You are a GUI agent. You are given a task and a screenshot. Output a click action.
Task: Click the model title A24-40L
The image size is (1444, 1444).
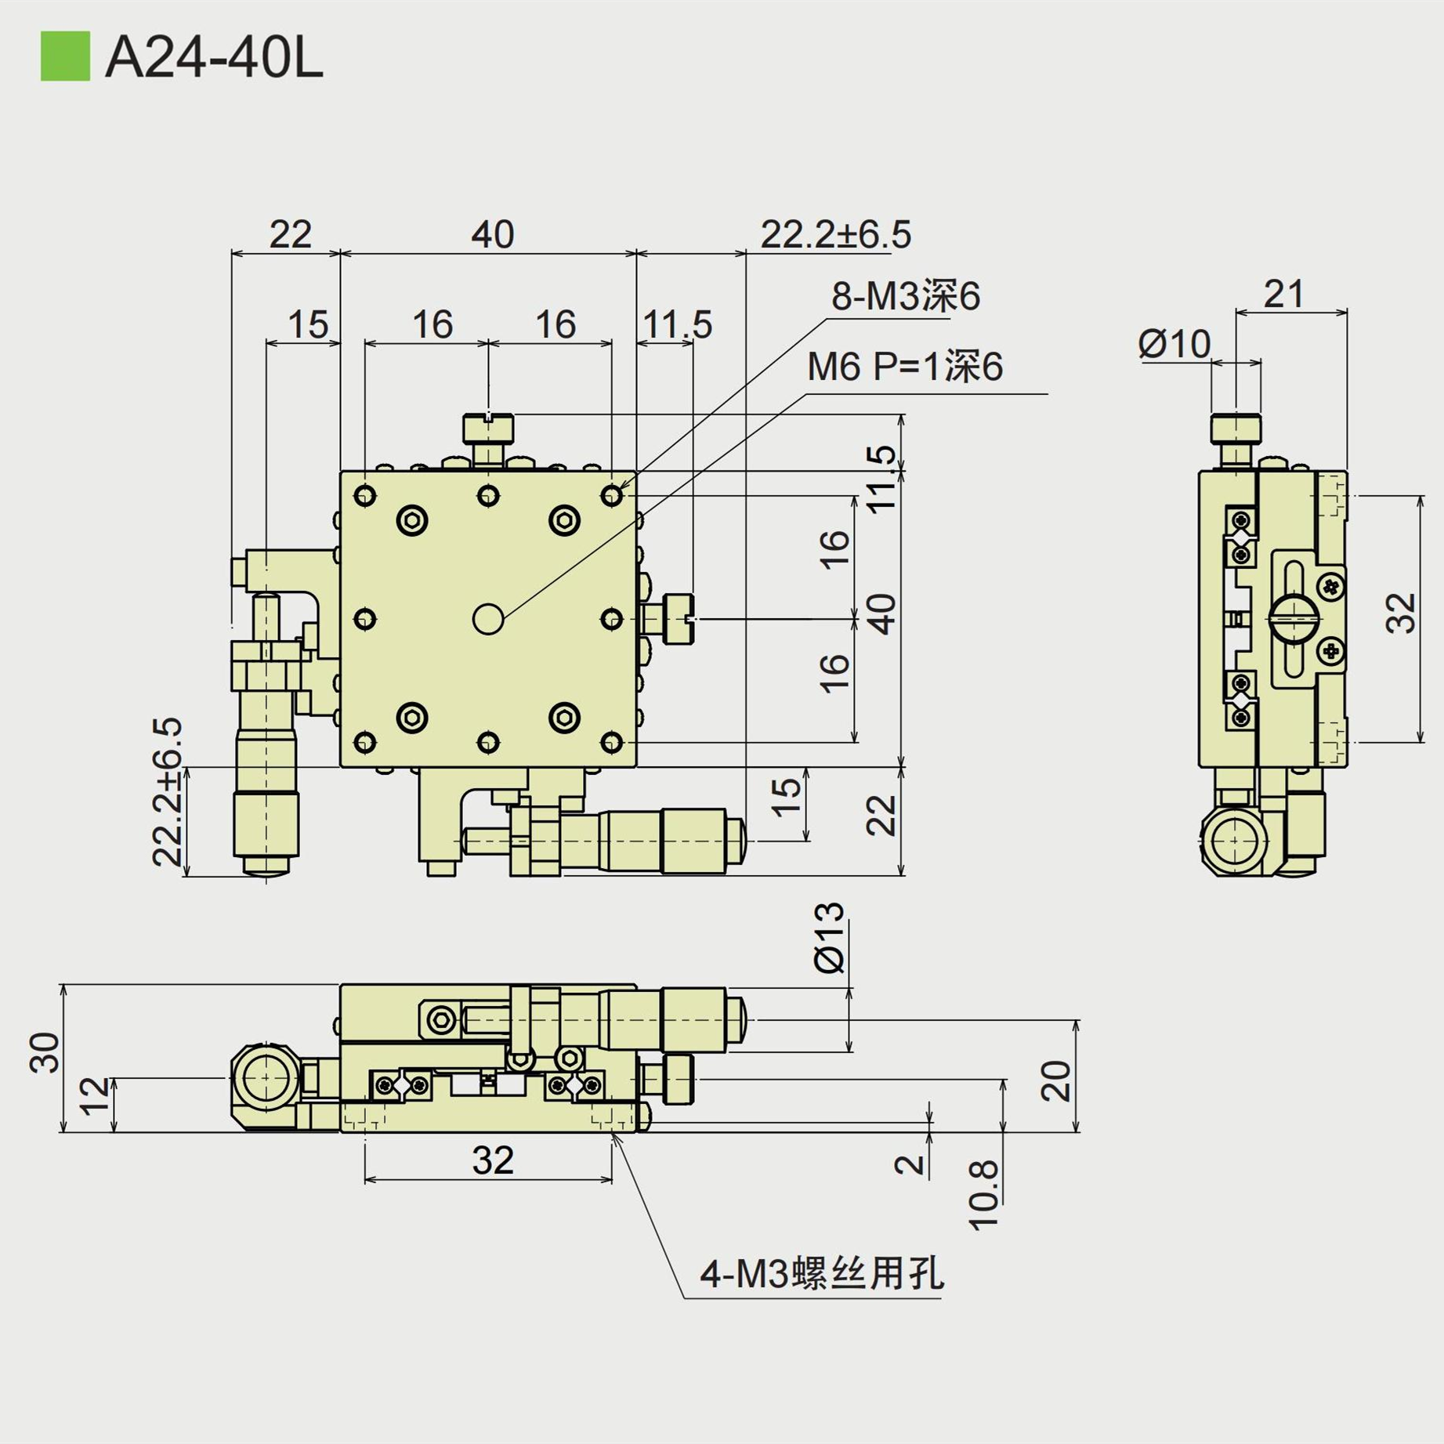click(x=213, y=58)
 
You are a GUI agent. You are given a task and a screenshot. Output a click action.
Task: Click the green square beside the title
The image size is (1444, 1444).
click(x=65, y=56)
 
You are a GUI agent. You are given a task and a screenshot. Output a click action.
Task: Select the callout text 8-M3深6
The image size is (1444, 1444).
click(x=905, y=296)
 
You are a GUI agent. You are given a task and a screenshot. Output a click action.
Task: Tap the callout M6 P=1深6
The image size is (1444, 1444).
click(x=904, y=367)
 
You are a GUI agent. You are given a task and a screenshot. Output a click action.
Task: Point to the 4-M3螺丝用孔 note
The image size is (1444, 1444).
click(x=821, y=1272)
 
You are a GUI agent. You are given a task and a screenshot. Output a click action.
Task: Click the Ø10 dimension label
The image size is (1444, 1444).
click(x=1174, y=344)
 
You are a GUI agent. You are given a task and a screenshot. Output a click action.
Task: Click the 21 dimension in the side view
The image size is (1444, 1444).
click(x=1284, y=295)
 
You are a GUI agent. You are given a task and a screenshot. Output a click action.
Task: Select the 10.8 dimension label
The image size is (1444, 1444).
click(x=984, y=1195)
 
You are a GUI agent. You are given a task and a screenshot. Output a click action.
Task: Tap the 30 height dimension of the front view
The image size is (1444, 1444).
click(x=45, y=1052)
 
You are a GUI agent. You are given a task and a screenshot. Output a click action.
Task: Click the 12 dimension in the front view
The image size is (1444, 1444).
click(x=95, y=1095)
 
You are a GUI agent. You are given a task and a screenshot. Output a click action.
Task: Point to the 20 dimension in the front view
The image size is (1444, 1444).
click(x=1055, y=1080)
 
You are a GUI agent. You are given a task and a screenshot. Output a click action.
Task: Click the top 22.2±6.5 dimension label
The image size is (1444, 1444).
click(x=835, y=234)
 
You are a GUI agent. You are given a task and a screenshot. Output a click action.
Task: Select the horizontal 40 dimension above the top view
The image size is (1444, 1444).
click(x=492, y=234)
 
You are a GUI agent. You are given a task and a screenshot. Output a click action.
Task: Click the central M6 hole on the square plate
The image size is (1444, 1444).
click(x=488, y=619)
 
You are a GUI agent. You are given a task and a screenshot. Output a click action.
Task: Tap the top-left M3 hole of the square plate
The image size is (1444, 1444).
click(x=365, y=495)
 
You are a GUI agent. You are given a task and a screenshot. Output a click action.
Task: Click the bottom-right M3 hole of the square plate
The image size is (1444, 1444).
click(x=611, y=742)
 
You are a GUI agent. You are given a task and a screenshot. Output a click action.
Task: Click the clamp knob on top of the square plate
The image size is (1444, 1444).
click(x=488, y=429)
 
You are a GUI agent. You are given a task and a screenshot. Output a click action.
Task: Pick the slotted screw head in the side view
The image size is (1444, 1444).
click(x=1294, y=619)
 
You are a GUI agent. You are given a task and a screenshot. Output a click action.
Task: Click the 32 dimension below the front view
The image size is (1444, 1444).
click(x=492, y=1160)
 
